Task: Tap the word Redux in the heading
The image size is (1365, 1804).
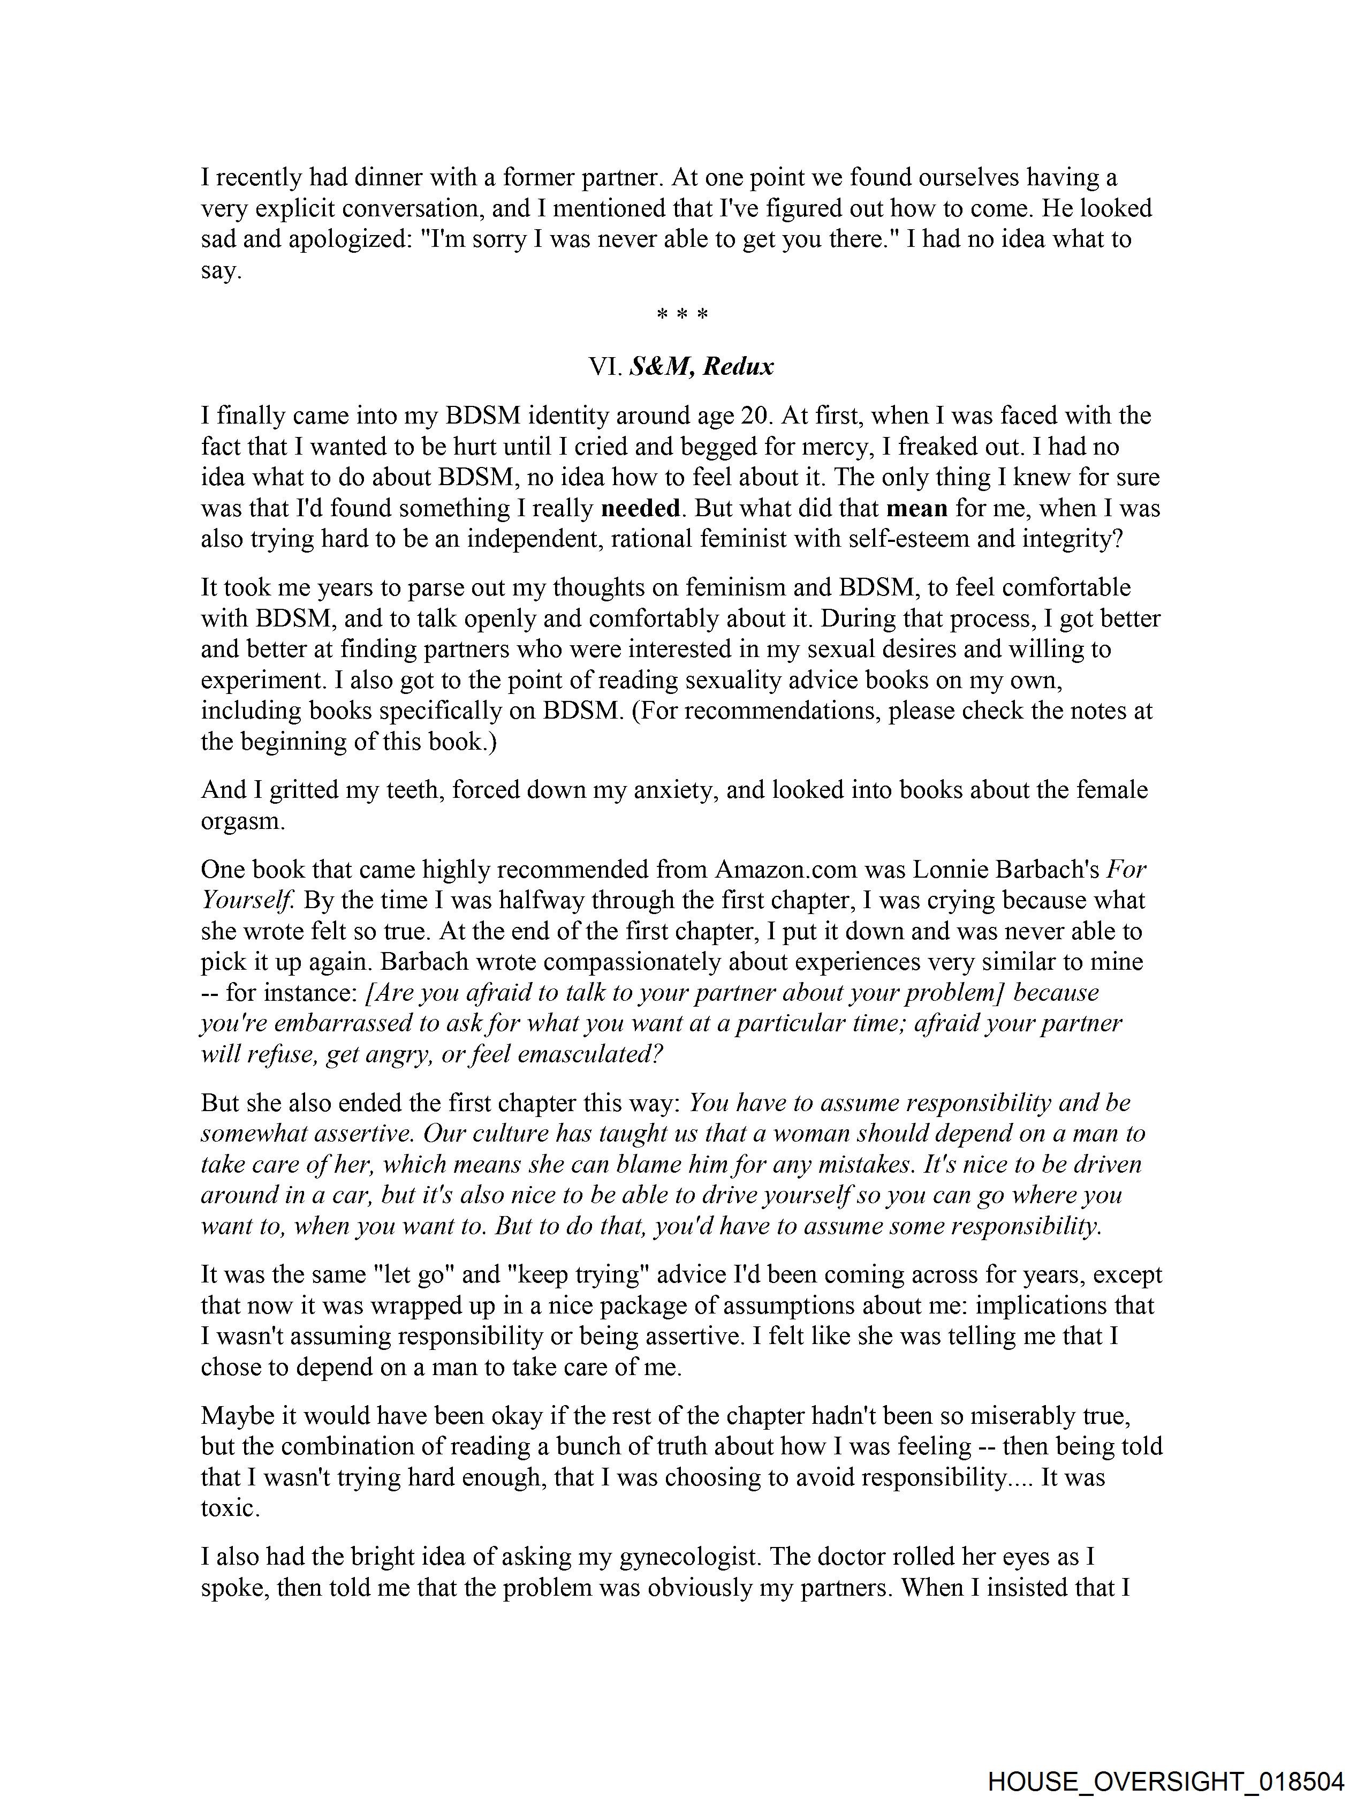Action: (738, 367)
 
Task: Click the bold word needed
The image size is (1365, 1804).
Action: (640, 508)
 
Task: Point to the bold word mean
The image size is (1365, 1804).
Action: (916, 508)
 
